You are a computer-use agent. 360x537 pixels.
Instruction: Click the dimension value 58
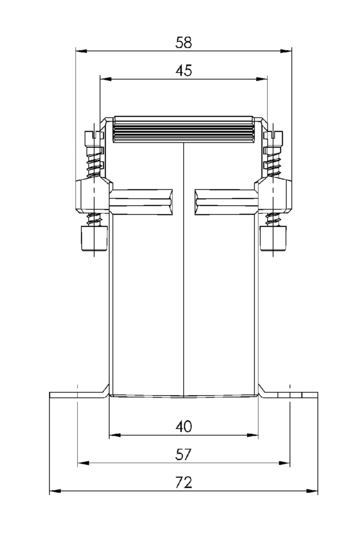tap(184, 42)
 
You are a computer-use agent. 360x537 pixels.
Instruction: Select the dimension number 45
tap(184, 71)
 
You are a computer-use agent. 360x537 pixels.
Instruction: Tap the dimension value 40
tap(184, 426)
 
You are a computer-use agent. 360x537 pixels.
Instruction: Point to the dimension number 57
tap(183, 454)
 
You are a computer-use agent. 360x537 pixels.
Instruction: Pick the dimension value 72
tap(184, 483)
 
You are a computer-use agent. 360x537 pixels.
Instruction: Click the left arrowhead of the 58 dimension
tap(81, 51)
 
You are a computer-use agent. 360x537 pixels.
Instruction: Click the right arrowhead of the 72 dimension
tap(312, 491)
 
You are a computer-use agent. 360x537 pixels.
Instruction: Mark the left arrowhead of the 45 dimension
tap(105, 79)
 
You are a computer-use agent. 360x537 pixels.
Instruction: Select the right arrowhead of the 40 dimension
tap(252, 435)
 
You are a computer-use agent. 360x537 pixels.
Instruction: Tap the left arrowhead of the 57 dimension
tap(83, 463)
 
